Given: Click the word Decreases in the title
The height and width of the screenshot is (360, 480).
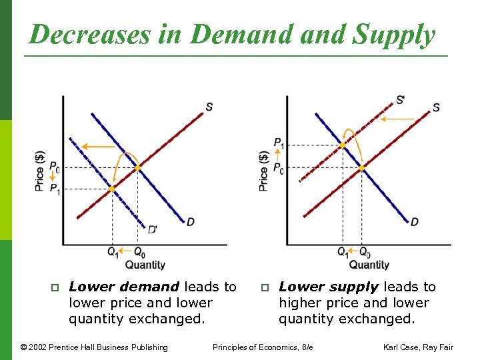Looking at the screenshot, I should click(x=90, y=35).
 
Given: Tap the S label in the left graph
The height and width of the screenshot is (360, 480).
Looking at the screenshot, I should click(x=209, y=107).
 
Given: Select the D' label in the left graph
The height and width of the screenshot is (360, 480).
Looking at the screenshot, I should click(x=153, y=229).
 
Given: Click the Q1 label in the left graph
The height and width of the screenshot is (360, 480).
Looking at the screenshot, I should click(x=113, y=252).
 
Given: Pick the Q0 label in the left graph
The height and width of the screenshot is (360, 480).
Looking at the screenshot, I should click(x=139, y=252).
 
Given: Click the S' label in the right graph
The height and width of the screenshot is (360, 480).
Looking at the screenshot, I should click(x=401, y=100).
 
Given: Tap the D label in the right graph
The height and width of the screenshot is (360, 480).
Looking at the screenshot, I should click(x=415, y=221).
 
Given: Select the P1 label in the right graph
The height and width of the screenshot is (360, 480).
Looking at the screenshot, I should click(x=279, y=142).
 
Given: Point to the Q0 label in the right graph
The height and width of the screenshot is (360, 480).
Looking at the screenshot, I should click(x=365, y=252).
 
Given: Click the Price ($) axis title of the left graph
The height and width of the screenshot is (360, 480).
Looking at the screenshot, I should click(x=40, y=171).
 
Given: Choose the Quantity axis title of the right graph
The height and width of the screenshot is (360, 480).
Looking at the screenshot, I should click(x=369, y=265).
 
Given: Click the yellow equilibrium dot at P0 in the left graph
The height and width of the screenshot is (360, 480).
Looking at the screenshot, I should click(x=138, y=168).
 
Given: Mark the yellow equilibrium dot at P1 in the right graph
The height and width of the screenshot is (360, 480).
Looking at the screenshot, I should click(x=343, y=145).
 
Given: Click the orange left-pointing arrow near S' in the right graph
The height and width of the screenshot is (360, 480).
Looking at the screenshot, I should click(x=397, y=120).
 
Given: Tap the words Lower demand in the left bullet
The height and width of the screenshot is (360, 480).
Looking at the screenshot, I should click(x=123, y=287).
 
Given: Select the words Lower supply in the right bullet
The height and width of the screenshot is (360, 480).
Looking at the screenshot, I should click(x=329, y=287).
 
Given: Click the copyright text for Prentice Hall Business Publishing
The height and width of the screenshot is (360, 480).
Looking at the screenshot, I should click(x=94, y=347).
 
